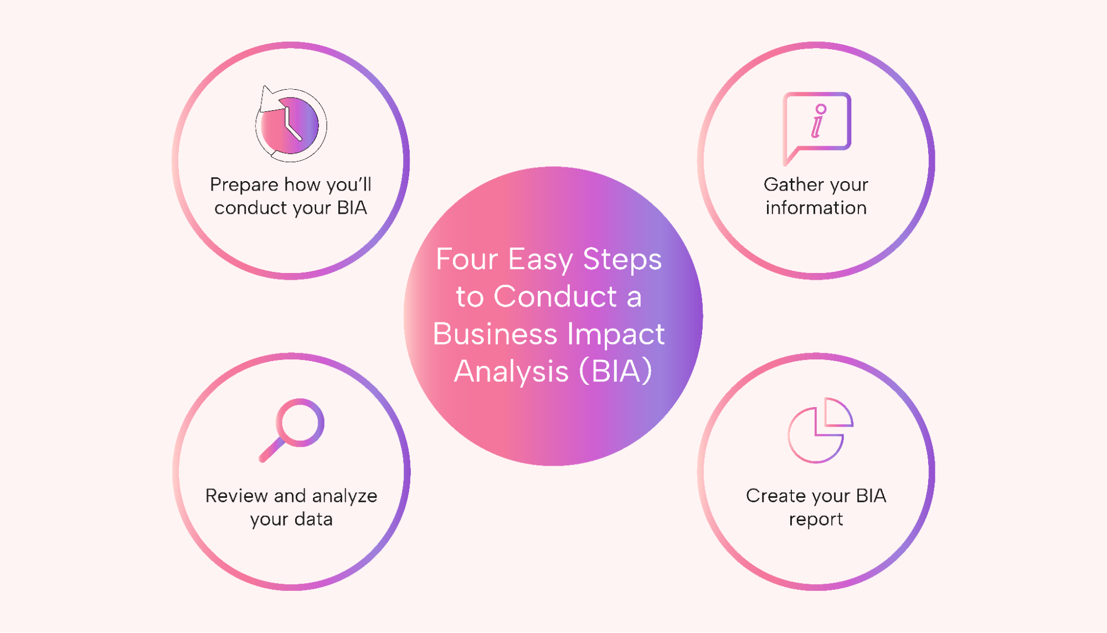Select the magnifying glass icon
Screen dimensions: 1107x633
[292, 430]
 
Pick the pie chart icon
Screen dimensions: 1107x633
[820, 430]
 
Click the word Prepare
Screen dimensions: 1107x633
[244, 185]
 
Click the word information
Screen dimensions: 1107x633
[816, 208]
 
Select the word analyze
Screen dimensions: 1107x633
[344, 496]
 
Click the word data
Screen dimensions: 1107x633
[313, 519]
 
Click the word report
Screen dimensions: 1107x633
[816, 520]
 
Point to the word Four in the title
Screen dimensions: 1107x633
[467, 259]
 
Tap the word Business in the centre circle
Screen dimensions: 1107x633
[495, 334]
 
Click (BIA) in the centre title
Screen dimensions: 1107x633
[615, 372]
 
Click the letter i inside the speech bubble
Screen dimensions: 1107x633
[818, 121]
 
